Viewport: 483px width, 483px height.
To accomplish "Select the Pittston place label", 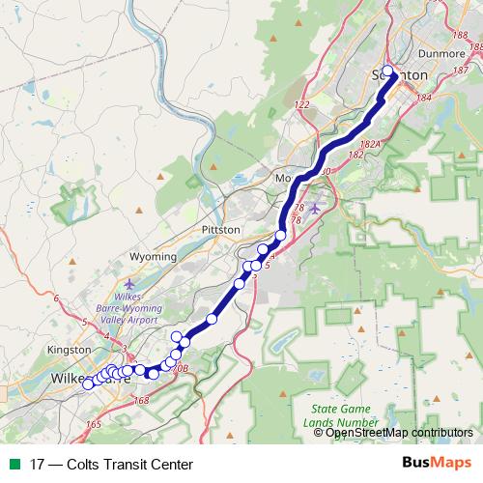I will tap(220, 229).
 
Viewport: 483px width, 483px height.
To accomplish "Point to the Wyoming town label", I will tap(153, 257).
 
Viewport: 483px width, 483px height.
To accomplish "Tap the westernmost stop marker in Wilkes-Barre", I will tap(88, 384).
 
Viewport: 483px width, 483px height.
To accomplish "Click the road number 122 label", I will tap(301, 104).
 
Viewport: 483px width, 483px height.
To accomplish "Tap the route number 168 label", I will tap(142, 400).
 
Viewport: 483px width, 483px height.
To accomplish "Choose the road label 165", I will tap(93, 424).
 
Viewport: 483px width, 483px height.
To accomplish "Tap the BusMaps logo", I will tap(438, 463).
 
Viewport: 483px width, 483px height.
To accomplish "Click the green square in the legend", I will tap(13, 464).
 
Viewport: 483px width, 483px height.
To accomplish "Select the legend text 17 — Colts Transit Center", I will tap(105, 464).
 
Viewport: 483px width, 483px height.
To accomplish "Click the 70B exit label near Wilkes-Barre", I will tap(178, 367).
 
